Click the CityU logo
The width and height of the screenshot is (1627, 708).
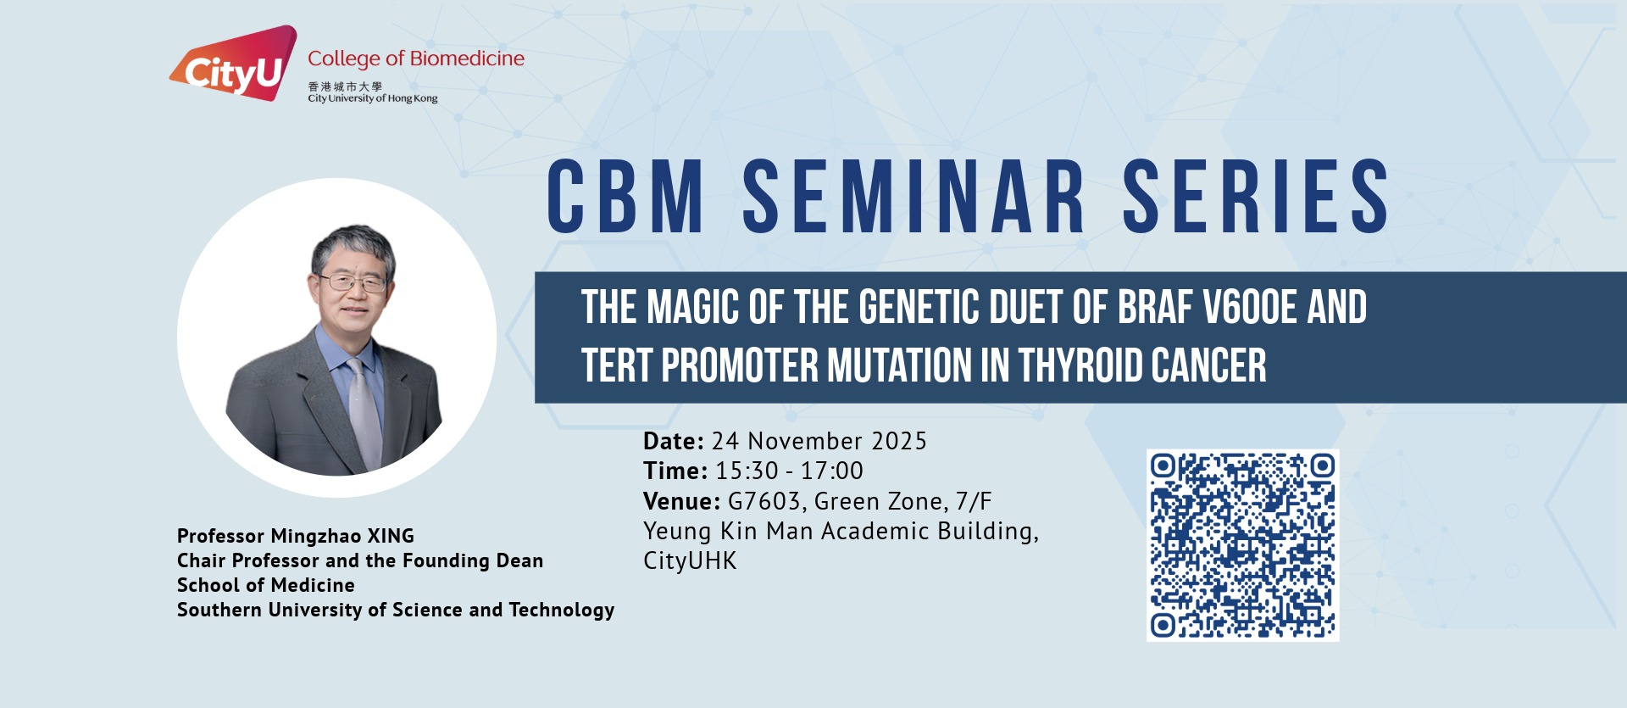click(x=234, y=63)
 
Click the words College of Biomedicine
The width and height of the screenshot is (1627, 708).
click(x=416, y=59)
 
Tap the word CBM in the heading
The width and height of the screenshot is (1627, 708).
click(x=625, y=197)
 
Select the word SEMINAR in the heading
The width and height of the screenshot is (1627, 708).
click(x=913, y=197)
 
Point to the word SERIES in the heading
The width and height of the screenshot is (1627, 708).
click(x=1256, y=197)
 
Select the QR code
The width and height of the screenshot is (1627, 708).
click(x=1243, y=545)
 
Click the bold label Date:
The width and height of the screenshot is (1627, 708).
click(x=674, y=441)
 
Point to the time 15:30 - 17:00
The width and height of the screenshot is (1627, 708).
click(x=789, y=471)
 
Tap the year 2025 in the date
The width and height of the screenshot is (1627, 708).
click(x=899, y=441)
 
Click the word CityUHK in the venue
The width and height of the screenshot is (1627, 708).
click(x=690, y=560)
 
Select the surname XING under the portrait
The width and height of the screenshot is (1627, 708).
click(x=391, y=536)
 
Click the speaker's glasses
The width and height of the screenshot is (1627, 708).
click(x=351, y=282)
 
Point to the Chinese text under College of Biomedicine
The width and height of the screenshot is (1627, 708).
click(x=345, y=86)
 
